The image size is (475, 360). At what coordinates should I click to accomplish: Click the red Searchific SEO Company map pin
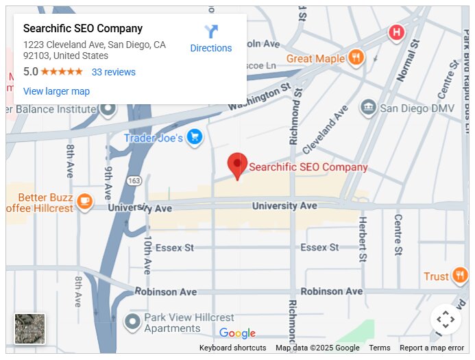(x=237, y=165)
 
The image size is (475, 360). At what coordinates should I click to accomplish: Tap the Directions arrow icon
(x=211, y=32)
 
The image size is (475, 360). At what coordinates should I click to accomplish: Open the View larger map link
(x=56, y=91)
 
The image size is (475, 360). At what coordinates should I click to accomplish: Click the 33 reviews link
(x=114, y=72)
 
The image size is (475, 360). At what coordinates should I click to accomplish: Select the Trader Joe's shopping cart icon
(x=195, y=137)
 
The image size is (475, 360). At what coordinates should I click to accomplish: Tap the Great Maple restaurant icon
(x=355, y=58)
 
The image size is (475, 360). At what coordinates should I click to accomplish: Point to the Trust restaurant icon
(x=460, y=276)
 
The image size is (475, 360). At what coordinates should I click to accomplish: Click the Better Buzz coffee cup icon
(x=84, y=201)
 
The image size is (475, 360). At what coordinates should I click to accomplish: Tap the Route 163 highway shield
(x=134, y=180)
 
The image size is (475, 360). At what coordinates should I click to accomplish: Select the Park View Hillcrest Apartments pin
(x=132, y=321)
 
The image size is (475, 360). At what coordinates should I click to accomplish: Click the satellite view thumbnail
(x=30, y=328)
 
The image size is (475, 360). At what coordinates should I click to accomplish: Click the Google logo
(x=237, y=333)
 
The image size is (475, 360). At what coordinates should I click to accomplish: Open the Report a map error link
(x=432, y=348)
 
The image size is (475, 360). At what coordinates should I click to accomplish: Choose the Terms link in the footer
(x=379, y=348)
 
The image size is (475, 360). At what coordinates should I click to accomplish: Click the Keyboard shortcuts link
(x=232, y=348)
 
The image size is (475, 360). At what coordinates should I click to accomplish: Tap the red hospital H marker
(x=396, y=32)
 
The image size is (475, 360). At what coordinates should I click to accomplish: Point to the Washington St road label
(x=260, y=97)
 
